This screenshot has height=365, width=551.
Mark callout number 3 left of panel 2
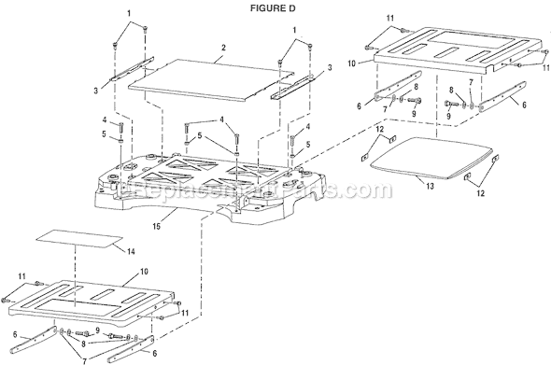[97, 89]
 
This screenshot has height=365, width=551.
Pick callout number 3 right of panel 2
[329, 67]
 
